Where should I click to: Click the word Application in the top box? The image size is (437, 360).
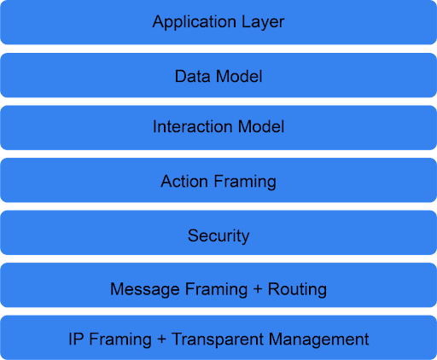point(195,22)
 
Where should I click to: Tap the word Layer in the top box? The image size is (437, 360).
point(263,22)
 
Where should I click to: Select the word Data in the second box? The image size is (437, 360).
point(192,76)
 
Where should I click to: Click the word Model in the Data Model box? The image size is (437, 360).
point(239,76)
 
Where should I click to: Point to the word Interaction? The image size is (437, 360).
point(192,126)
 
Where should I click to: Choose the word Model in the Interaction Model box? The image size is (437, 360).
point(261,126)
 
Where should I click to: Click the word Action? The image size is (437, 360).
point(184,181)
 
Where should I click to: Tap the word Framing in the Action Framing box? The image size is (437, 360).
point(245,182)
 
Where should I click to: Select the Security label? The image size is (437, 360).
point(218,236)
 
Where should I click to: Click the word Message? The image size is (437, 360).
point(145,289)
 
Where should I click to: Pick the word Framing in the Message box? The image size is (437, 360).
point(216,289)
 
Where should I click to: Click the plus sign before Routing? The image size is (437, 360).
point(258,289)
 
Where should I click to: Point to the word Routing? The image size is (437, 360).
point(297,289)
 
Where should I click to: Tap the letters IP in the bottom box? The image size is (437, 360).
point(76,339)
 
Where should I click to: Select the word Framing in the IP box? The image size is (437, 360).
point(120,340)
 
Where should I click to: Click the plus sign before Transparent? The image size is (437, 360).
point(161,340)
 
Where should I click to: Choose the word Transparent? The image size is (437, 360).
point(218,340)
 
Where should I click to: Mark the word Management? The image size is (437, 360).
point(318,340)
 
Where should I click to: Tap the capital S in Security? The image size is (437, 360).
point(193,235)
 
